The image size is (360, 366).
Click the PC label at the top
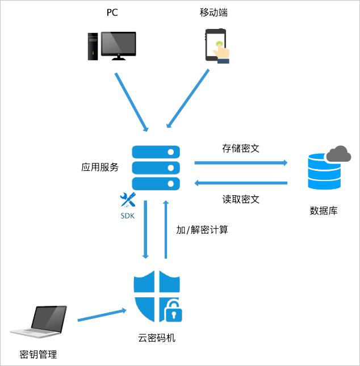point(112,12)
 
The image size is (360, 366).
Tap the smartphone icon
point(216,45)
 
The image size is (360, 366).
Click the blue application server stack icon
point(156,167)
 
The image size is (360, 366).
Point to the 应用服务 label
point(100,167)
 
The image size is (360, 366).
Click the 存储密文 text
point(241,149)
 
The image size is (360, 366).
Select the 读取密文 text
point(241,199)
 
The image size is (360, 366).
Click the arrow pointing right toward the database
point(241,163)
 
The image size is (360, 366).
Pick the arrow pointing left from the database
point(241,183)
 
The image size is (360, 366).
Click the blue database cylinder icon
point(324,171)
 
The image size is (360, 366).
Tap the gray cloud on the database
point(338,153)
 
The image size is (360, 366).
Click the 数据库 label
point(324,211)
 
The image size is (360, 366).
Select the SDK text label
point(128,216)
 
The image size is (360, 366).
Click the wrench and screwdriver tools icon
point(128,200)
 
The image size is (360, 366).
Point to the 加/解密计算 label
point(202,230)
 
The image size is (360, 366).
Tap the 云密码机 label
point(157,338)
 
